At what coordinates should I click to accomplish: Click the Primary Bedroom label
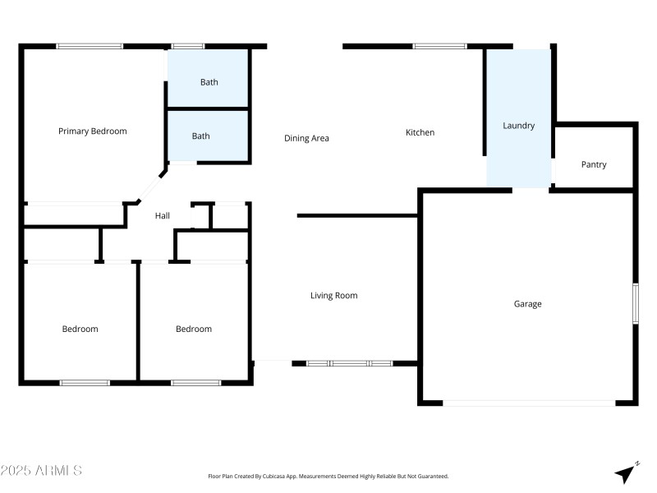pos(92,131)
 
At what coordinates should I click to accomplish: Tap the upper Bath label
pos(209,82)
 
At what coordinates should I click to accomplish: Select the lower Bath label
pos(201,136)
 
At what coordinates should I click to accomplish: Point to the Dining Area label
pos(306,138)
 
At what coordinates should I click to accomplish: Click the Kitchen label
pos(420,132)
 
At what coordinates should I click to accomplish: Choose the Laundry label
pos(518,126)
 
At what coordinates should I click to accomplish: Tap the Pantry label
pos(594,164)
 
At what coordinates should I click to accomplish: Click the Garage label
pos(527,304)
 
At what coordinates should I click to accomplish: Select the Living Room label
pos(333,296)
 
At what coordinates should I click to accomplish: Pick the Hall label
pos(163,216)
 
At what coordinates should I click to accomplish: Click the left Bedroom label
pos(80,329)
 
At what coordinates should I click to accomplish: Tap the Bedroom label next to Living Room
pos(194,329)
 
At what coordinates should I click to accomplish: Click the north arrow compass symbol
pos(627,472)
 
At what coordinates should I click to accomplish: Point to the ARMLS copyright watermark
pos(41,471)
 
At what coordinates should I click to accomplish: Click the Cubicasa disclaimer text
pos(328,476)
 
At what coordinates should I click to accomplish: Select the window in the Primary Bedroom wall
pos(90,46)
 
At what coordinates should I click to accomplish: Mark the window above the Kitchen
pos(439,46)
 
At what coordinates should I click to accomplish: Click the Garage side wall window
pos(635,304)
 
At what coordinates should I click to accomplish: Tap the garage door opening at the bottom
pos(529,403)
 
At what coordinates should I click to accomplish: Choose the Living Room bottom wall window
pos(349,362)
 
